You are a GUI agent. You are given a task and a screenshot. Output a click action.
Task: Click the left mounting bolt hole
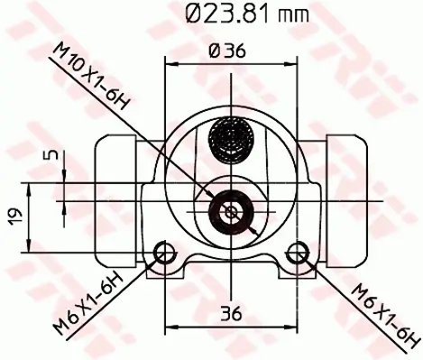coord(165,252)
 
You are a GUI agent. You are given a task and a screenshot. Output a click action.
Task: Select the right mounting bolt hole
coord(297,252)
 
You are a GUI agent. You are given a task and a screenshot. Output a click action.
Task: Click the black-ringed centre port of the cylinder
coord(231,211)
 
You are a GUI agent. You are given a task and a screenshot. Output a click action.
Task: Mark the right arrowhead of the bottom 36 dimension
coord(292,328)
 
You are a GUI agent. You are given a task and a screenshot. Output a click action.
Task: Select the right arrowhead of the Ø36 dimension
coord(292,64)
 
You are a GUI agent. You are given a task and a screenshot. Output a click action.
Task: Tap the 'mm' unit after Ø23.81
coord(296,15)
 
